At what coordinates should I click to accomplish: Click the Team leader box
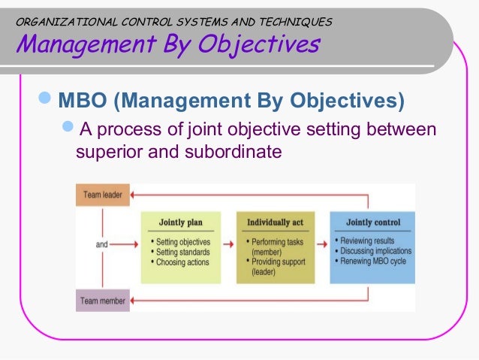pyautogui.click(x=103, y=195)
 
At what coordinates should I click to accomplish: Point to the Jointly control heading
pyautogui.click(x=373, y=222)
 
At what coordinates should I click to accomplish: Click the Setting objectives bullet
pyautogui.click(x=183, y=242)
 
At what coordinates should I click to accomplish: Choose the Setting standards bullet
pyautogui.click(x=182, y=253)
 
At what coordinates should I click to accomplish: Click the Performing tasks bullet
pyautogui.click(x=282, y=242)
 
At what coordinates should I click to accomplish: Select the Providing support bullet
pyautogui.click(x=282, y=262)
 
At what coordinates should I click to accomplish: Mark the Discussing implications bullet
pyautogui.click(x=375, y=251)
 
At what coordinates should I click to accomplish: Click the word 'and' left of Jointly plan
pyautogui.click(x=104, y=244)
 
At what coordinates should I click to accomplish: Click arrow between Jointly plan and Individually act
pyautogui.click(x=225, y=244)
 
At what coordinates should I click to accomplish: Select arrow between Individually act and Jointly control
pyautogui.click(x=321, y=244)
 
